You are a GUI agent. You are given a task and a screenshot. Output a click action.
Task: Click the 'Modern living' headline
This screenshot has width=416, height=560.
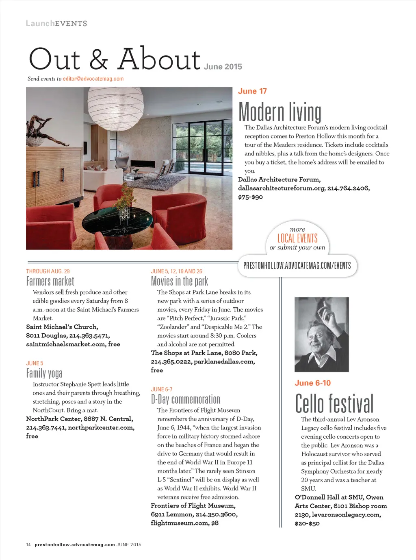coord(279,112)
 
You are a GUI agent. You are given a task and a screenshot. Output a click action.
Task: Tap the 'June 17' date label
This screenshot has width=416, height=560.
coord(252,91)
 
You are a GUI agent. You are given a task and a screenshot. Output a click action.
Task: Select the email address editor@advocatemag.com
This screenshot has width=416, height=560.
coord(93,79)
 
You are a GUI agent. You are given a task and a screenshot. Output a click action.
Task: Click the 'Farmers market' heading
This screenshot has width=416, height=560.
coord(50,281)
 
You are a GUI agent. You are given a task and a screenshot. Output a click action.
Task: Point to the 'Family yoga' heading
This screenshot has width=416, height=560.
coord(44,373)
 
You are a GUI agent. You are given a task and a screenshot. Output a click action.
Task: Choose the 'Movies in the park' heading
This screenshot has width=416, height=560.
coord(179,281)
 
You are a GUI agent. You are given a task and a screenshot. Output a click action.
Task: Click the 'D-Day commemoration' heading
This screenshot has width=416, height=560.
coord(185,399)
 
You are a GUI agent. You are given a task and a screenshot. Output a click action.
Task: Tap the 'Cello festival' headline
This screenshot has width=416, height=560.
coord(334,403)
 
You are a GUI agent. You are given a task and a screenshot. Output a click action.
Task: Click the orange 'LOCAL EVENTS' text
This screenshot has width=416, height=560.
coord(297,238)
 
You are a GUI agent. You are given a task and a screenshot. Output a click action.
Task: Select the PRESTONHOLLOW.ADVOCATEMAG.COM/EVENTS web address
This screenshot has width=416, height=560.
coord(297,266)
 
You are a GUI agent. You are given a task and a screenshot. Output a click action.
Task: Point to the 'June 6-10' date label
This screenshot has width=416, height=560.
coord(312,383)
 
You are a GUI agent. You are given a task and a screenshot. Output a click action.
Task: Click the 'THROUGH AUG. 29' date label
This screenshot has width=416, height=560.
coord(48,271)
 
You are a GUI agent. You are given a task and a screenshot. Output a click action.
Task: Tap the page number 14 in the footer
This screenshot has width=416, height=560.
coord(28,545)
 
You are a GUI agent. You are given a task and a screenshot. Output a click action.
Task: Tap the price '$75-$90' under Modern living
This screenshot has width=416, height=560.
coord(250,197)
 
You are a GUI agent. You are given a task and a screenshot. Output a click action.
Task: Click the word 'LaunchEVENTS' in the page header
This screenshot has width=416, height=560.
coord(56,24)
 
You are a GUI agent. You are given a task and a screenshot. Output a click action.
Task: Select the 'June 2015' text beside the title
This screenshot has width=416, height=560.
coord(223,67)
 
